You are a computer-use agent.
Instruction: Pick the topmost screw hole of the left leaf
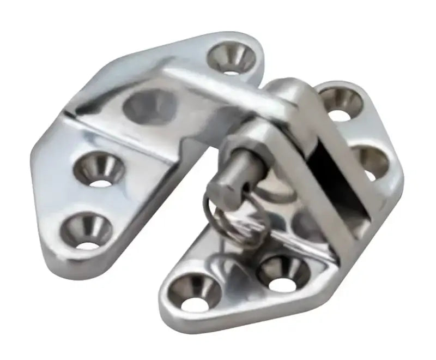click(x=233, y=58)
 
